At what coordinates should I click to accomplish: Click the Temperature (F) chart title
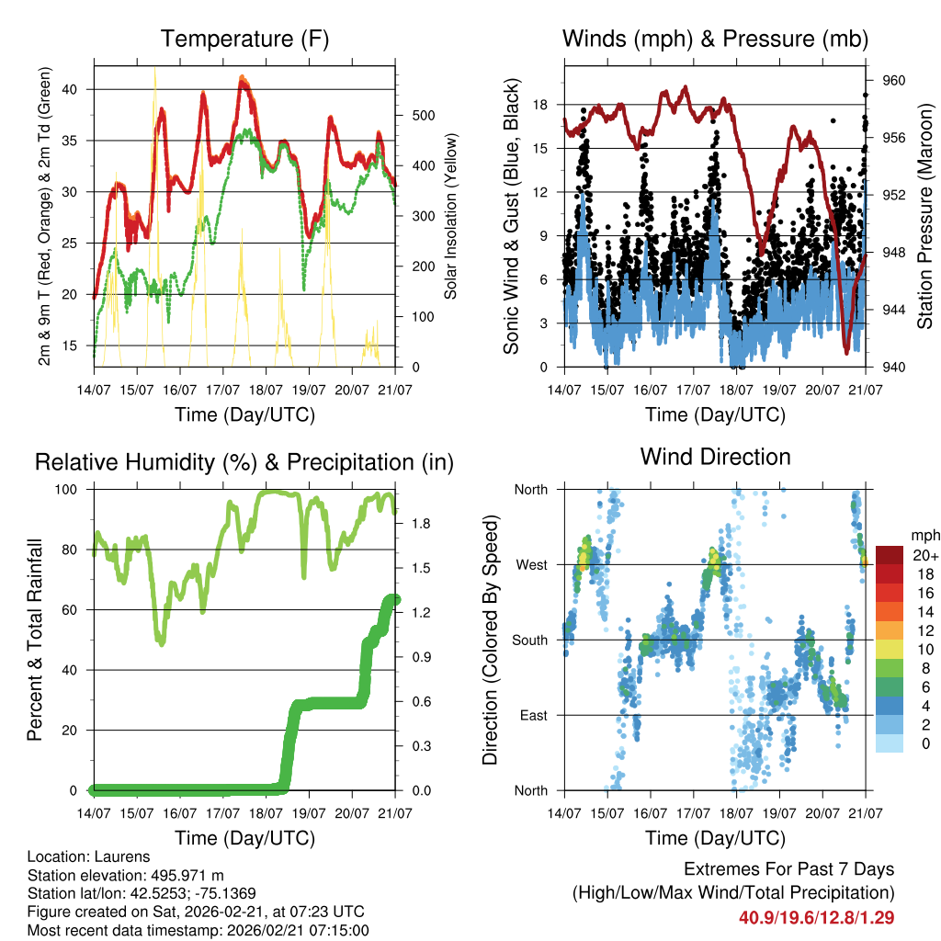(244, 39)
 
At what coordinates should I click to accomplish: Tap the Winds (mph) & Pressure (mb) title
(715, 39)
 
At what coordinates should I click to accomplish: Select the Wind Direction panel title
(715, 457)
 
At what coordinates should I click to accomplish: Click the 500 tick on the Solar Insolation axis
(411, 116)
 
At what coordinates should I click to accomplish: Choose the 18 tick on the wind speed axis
(541, 105)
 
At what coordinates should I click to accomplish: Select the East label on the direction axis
(534, 715)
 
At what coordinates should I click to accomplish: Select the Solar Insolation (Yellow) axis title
(450, 216)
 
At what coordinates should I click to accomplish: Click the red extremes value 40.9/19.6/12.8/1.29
(817, 917)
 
